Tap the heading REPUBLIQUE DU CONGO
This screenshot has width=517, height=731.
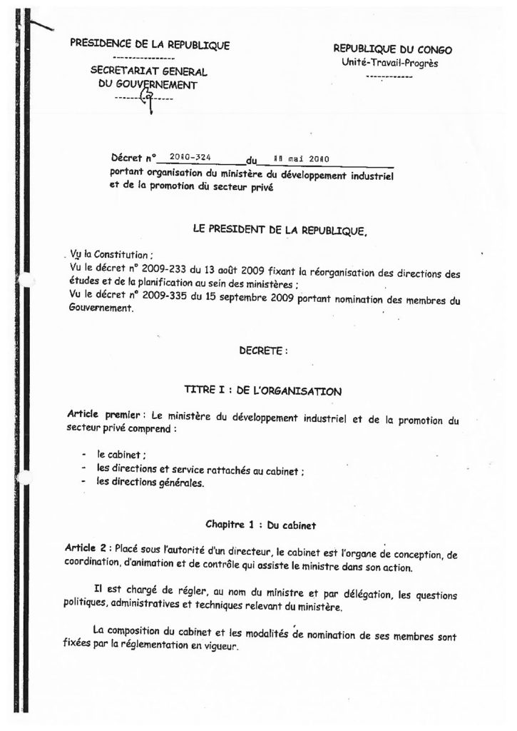tap(392, 49)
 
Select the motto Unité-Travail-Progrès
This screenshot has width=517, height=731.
tap(389, 63)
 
